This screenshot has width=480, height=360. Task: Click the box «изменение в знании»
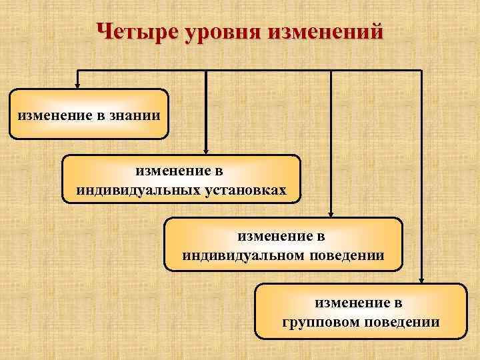click(89, 114)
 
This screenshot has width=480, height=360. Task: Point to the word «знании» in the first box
click(137, 114)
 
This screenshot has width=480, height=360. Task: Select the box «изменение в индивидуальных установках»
click(181, 179)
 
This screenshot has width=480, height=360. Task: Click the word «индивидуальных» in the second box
click(131, 190)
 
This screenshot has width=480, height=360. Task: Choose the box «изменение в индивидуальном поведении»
click(283, 243)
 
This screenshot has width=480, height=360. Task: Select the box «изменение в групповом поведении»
click(361, 311)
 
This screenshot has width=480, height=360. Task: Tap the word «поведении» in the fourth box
click(403, 322)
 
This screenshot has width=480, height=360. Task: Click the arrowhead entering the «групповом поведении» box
click(422, 279)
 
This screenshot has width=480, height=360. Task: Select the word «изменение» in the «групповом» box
click(359, 303)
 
